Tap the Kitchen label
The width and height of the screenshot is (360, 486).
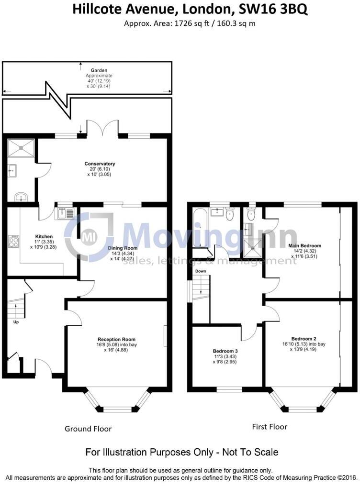pyautogui.click(x=44, y=236)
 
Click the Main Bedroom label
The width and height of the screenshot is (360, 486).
pyautogui.click(x=304, y=245)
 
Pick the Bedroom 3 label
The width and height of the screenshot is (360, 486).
pyautogui.click(x=226, y=350)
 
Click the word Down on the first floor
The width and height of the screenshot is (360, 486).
pyautogui.click(x=200, y=271)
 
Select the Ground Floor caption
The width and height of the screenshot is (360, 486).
pyautogui.click(x=88, y=429)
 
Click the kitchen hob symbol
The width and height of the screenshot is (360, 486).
pyautogui.click(x=13, y=241)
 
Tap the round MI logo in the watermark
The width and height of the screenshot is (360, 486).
pyautogui.click(x=88, y=236)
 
